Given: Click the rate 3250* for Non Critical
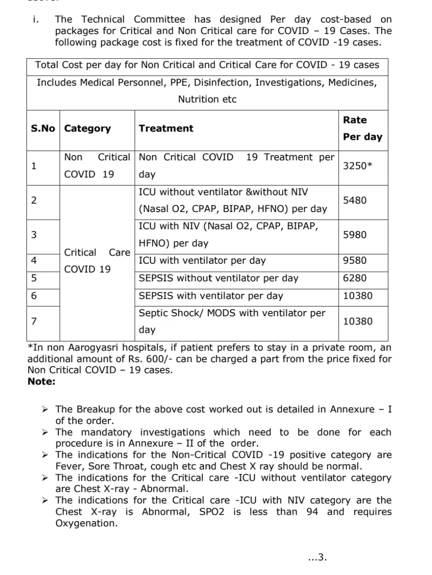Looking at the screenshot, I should (357, 166).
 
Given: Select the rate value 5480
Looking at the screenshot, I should (355, 200).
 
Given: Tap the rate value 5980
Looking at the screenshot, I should (355, 235).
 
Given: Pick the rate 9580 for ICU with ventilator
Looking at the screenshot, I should (355, 261).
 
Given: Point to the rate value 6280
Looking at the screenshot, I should (355, 278).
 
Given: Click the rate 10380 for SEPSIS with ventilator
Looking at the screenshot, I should (358, 296).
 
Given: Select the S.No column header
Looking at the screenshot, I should (43, 128).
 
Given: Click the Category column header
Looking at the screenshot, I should (88, 128).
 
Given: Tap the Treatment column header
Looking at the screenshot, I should (166, 128).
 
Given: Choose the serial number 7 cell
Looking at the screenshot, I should (34, 321).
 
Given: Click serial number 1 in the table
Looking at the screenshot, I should (34, 166).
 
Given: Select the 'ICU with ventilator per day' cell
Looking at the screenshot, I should (202, 261).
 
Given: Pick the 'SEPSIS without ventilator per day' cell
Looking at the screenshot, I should (218, 278).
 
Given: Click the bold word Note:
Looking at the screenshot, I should (41, 381).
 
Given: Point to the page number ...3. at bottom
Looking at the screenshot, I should (317, 557).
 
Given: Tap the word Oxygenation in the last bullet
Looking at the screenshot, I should (86, 523).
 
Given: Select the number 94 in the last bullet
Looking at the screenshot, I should (312, 512).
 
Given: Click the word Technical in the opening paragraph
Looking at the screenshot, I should (103, 19).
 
